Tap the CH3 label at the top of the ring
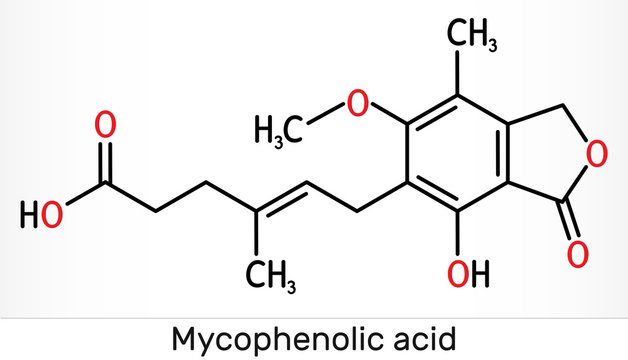click(x=471, y=38)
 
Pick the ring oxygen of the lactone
click(x=598, y=154)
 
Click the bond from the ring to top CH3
click(x=458, y=78)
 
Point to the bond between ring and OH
click(x=458, y=233)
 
